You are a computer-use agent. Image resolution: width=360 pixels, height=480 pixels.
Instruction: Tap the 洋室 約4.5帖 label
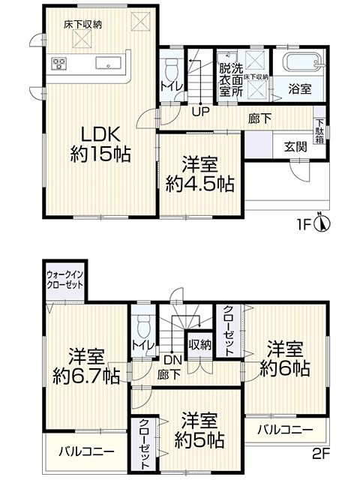[200, 173]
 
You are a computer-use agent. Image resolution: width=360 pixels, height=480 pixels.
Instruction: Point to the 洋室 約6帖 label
[286, 358]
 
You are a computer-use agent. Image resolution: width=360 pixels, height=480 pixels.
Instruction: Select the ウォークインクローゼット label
[64, 284]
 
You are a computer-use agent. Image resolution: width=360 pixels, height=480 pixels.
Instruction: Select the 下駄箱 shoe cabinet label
[319, 132]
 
